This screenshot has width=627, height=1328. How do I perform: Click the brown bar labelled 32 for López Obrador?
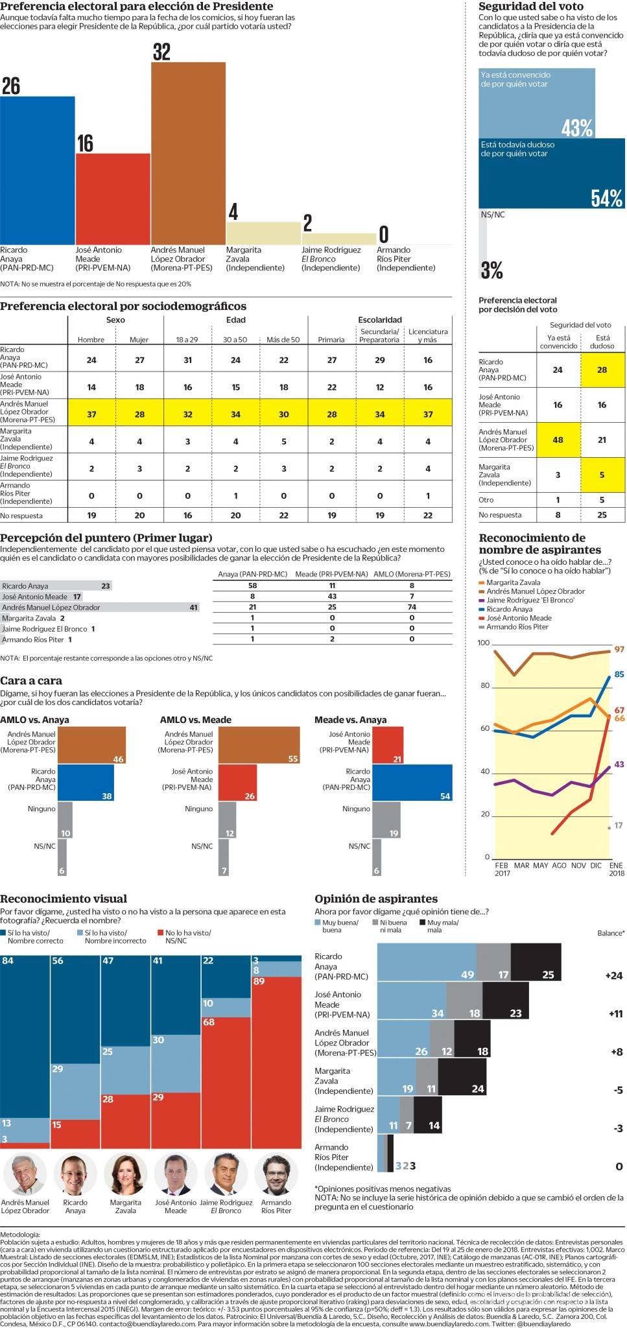188,153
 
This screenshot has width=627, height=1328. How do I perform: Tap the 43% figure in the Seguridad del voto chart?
577,128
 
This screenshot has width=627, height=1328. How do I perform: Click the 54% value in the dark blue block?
606,198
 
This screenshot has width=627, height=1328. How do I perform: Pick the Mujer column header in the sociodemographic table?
139,340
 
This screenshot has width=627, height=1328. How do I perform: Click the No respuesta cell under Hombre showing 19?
91,516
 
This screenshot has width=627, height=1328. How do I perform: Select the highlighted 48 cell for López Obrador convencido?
558,440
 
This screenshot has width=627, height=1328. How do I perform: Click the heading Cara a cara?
31,680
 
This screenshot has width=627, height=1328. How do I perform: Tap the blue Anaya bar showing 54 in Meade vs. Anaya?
412,783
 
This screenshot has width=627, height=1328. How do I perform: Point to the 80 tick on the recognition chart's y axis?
484,686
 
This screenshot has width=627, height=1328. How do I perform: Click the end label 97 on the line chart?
619,649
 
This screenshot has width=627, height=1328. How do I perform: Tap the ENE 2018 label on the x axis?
616,869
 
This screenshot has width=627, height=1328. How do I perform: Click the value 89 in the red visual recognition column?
260,981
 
